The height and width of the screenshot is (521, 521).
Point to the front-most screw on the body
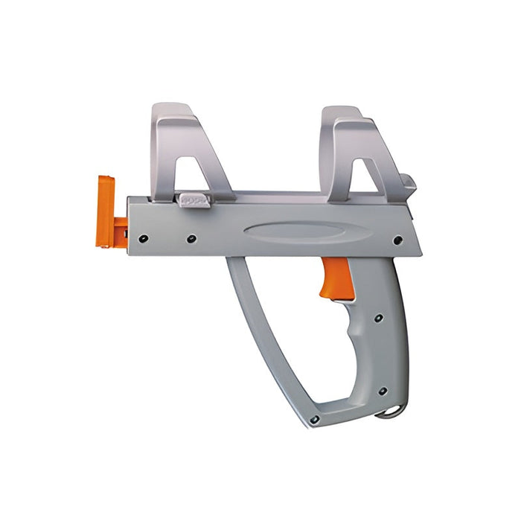144,238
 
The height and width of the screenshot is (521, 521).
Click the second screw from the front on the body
191,239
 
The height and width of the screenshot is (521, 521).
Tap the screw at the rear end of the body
397,240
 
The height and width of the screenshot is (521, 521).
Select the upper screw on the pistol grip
379,318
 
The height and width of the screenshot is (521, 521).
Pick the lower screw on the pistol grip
382,391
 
